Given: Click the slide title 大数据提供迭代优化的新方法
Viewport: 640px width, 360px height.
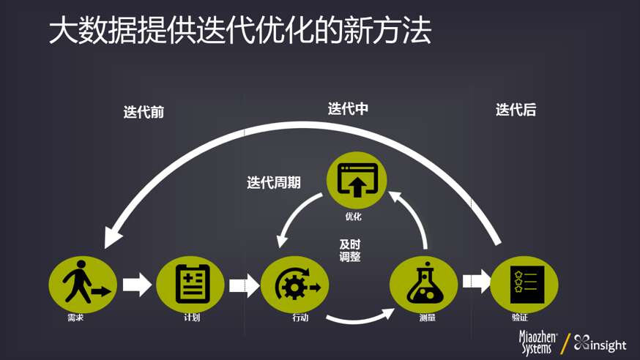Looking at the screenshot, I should click(239, 31).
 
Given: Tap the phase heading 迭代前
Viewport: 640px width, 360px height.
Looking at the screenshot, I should click(144, 112).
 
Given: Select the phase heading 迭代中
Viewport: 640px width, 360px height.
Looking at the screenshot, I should click(348, 109).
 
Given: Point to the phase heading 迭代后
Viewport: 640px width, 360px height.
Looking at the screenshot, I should click(516, 110).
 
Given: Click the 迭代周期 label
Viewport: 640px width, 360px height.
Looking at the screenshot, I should click(273, 183).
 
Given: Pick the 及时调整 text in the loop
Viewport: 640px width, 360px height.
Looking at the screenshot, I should click(349, 250).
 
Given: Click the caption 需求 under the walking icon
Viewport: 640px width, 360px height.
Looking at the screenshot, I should click(75, 318).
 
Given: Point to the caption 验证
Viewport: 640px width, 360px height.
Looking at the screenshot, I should click(520, 318).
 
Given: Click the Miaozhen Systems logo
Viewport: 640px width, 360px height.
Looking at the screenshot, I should click(537, 342).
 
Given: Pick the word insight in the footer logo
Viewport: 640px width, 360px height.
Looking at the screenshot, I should click(609, 345).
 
